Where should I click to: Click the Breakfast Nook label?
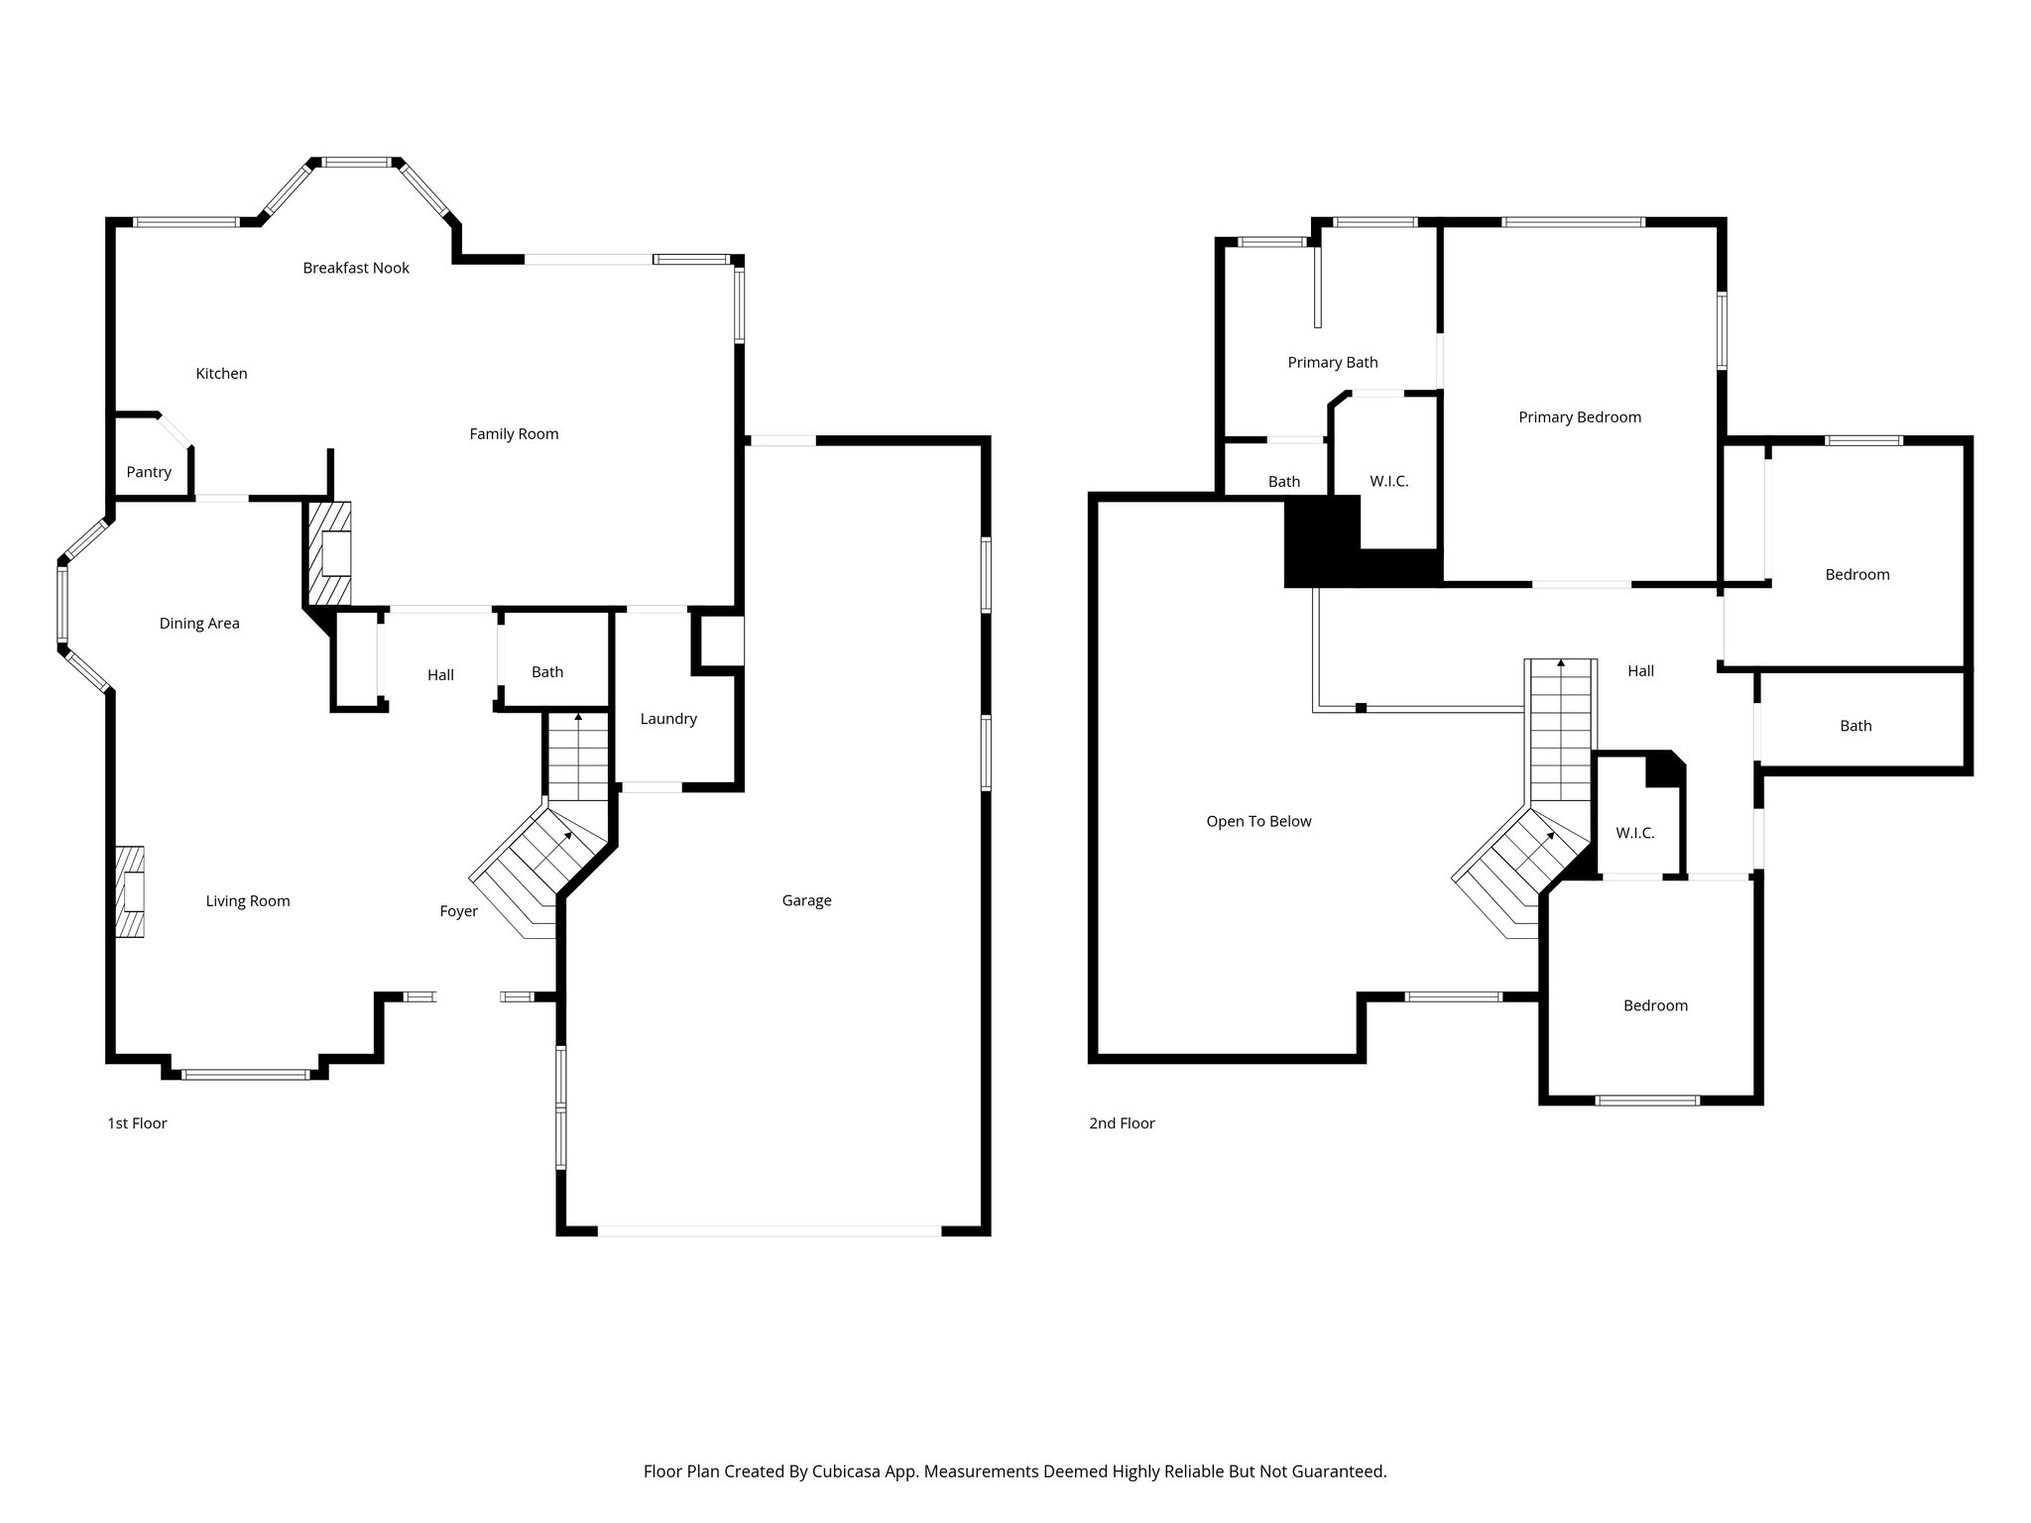(356, 268)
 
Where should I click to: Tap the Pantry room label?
(149, 472)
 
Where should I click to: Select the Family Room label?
(514, 433)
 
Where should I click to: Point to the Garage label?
(806, 900)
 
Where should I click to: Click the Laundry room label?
(668, 719)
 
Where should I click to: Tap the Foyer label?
(458, 911)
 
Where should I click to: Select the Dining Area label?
(199, 624)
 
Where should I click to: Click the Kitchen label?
(221, 374)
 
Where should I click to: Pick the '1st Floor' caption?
(137, 1123)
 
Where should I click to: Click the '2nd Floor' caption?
(1122, 1123)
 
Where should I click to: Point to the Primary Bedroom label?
(1580, 417)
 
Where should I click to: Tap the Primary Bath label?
(1333, 363)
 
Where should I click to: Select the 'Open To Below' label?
(1258, 821)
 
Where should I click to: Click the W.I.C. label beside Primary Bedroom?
(1388, 481)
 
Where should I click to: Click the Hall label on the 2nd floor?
(1640, 671)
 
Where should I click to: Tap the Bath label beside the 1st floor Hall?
(547, 672)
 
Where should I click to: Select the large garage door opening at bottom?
(769, 1231)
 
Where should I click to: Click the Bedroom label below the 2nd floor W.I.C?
(1655, 1005)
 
